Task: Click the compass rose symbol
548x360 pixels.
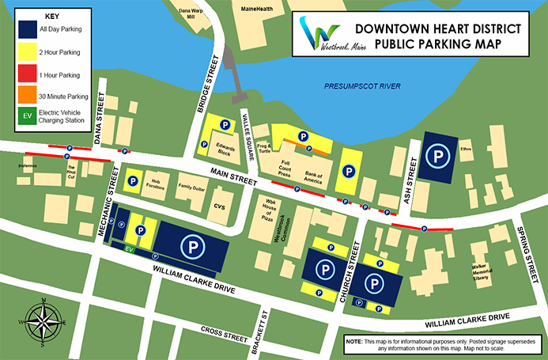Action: (x=42, y=320)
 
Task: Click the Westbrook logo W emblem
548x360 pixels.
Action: (x=319, y=34)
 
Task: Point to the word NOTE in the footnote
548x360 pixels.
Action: (x=354, y=340)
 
